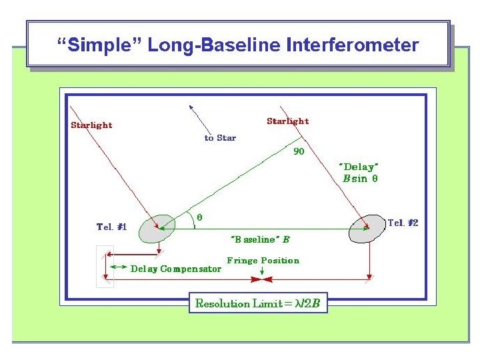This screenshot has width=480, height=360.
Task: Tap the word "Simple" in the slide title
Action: pyautogui.click(x=99, y=45)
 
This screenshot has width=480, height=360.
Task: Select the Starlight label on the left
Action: pyautogui.click(x=92, y=125)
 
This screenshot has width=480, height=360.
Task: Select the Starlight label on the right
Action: pyautogui.click(x=287, y=121)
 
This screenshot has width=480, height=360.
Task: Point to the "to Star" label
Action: pyautogui.click(x=220, y=138)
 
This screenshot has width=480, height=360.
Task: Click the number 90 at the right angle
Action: pyautogui.click(x=299, y=151)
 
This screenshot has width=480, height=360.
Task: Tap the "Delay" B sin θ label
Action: pyautogui.click(x=359, y=173)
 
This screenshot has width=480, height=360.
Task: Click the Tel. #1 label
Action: pyautogui.click(x=112, y=227)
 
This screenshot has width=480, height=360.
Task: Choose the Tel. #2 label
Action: pyautogui.click(x=403, y=222)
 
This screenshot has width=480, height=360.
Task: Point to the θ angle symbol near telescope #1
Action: pyautogui.click(x=199, y=217)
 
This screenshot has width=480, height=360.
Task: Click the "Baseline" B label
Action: pyautogui.click(x=260, y=239)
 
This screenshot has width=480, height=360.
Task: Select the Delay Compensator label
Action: pyautogui.click(x=175, y=269)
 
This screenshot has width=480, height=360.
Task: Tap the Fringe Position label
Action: pyautogui.click(x=263, y=260)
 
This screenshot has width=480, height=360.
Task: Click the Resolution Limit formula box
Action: pyautogui.click(x=258, y=304)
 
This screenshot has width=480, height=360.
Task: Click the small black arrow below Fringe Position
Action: pyautogui.click(x=263, y=271)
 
